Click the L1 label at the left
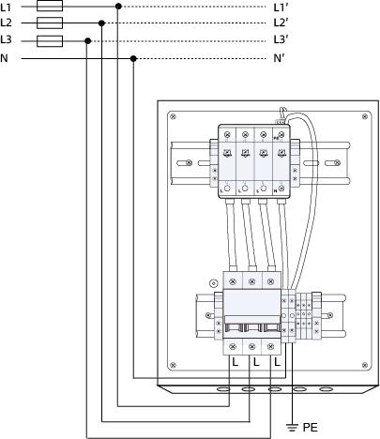click(x=7, y=6)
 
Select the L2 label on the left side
click(x=7, y=23)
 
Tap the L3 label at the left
click(x=7, y=40)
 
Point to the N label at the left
click(x=5, y=58)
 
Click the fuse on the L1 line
click(x=49, y=6)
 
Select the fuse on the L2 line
click(x=49, y=23)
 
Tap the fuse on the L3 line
click(x=49, y=40)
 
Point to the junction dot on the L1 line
click(x=118, y=6)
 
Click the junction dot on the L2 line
click(x=102, y=23)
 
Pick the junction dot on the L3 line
click(x=86, y=40)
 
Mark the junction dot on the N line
click(x=134, y=58)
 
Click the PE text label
click(x=311, y=426)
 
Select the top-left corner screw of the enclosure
click(x=172, y=116)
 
